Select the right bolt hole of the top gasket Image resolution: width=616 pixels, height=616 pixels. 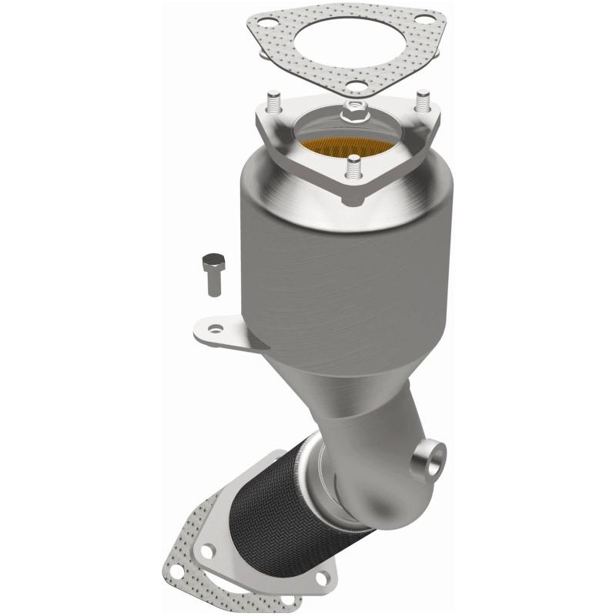[422, 16]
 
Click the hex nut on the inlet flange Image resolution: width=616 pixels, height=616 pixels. [352, 111]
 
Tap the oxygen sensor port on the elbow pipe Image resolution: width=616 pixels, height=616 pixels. [429, 457]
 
